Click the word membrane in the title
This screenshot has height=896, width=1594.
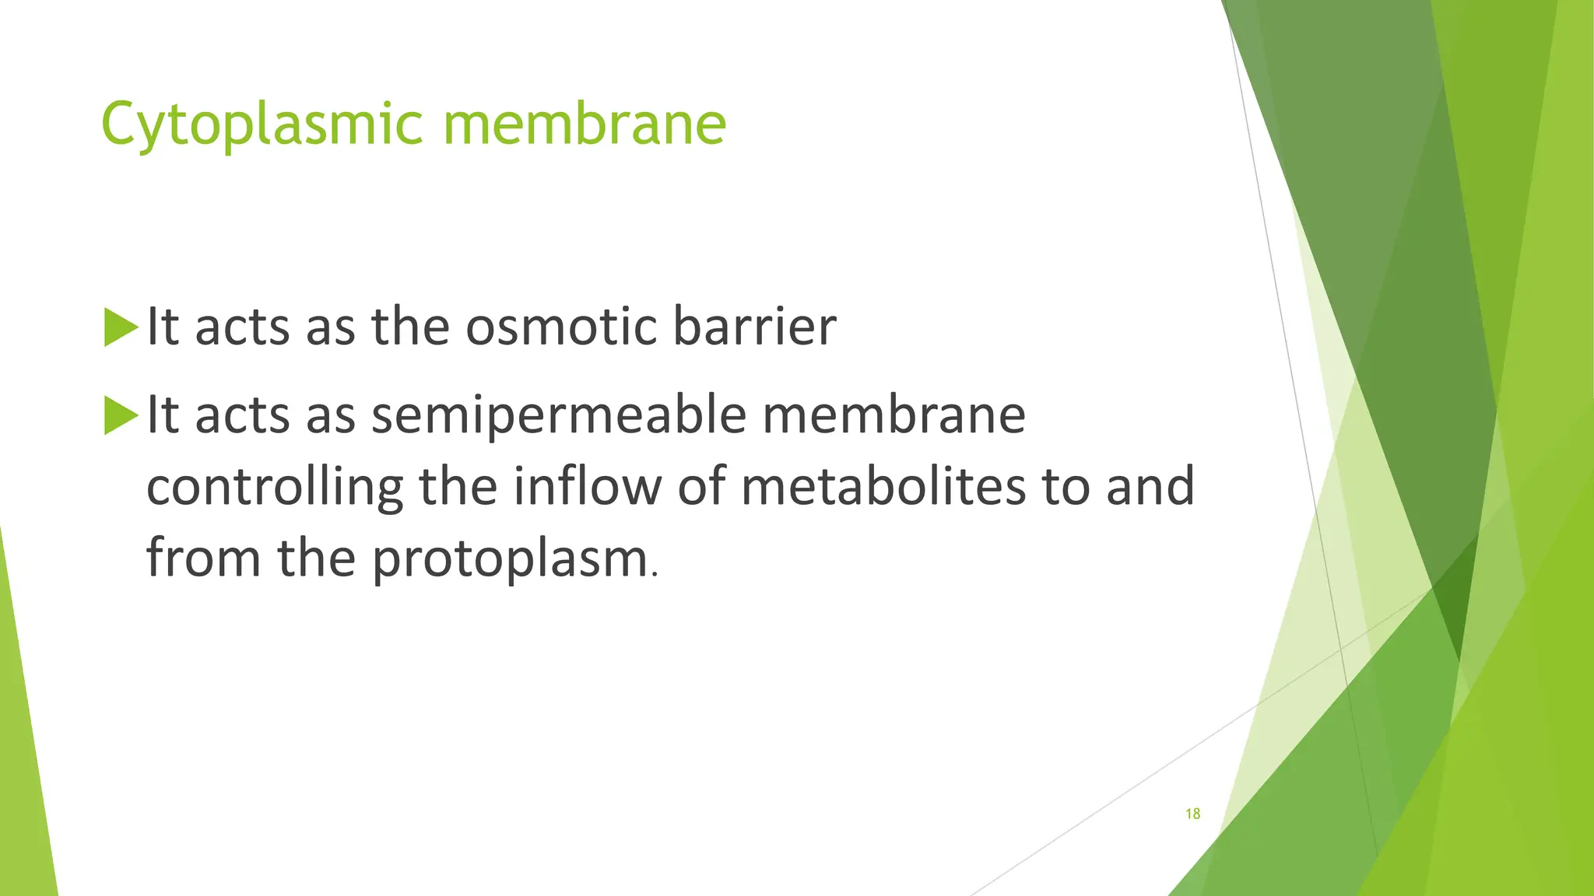coord(585,124)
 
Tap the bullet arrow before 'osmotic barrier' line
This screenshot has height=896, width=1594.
coord(120,327)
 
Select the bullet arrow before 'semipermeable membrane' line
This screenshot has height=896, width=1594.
coord(120,416)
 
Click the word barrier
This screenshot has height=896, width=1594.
coord(754,327)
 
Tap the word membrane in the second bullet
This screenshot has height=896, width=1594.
coord(894,415)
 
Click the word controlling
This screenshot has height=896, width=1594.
coord(275,487)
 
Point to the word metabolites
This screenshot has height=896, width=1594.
coord(883,487)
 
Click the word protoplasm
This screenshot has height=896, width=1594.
coord(510,559)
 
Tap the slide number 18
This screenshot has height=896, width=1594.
coord(1192,814)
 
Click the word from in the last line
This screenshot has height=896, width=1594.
coord(203,558)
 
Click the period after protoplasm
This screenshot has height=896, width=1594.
coord(655,575)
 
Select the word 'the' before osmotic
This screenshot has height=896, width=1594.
coord(410,327)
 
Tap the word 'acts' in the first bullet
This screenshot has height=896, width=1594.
coord(244,327)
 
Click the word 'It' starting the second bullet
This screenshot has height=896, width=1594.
coord(163,415)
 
